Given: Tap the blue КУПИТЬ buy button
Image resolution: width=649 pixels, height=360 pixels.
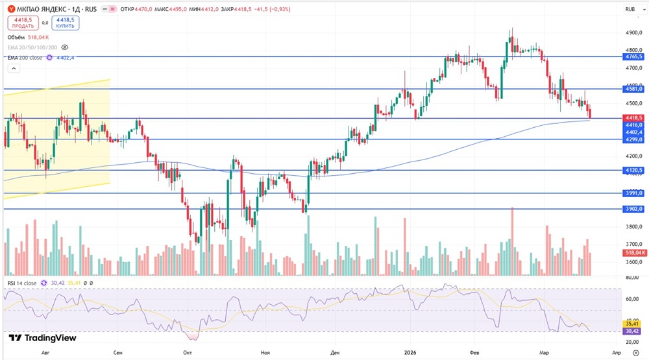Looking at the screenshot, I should click(x=66, y=23).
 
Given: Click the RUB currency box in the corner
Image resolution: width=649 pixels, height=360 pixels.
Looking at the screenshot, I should click(x=630, y=9).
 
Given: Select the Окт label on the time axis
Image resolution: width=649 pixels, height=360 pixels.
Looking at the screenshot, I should click(x=187, y=353).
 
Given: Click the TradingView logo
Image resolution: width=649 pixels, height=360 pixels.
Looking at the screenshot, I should click(x=42, y=338).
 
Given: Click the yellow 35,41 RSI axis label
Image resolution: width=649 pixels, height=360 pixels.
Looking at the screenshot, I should click(x=631, y=322).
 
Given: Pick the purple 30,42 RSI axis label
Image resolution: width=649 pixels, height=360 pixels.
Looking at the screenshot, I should click(x=631, y=330).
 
